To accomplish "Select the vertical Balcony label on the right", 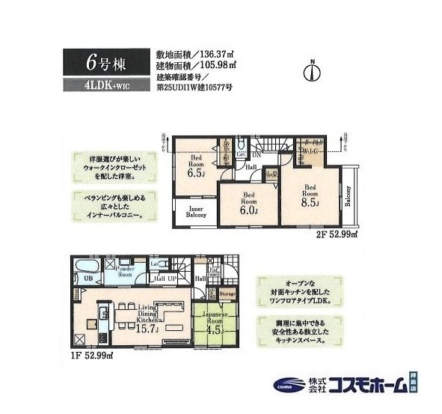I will (x=349, y=197).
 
